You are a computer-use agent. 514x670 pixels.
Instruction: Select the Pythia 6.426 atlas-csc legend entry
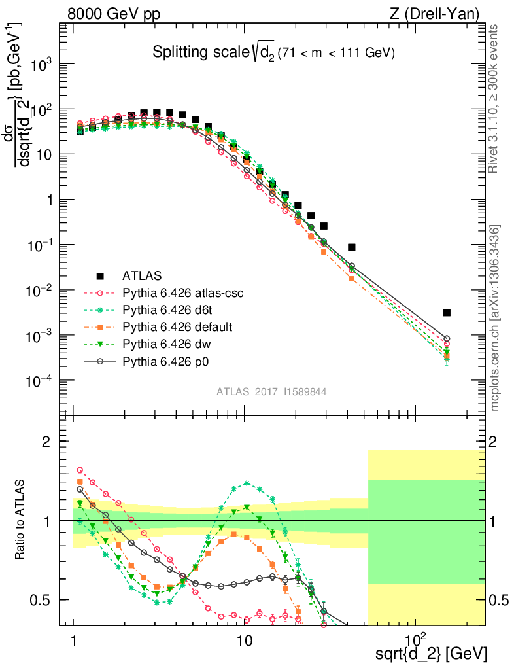pos(173,293)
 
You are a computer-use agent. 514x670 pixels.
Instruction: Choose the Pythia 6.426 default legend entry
pos(169,326)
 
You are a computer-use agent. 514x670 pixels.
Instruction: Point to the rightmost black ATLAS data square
pos(447,313)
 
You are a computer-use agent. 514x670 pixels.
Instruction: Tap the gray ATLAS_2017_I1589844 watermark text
pos(271,391)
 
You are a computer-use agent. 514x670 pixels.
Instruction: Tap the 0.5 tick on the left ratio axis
pos(43,600)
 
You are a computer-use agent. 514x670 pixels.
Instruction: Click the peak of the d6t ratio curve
pos(247,483)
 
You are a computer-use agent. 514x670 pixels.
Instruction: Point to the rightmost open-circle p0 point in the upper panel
pos(447,338)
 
